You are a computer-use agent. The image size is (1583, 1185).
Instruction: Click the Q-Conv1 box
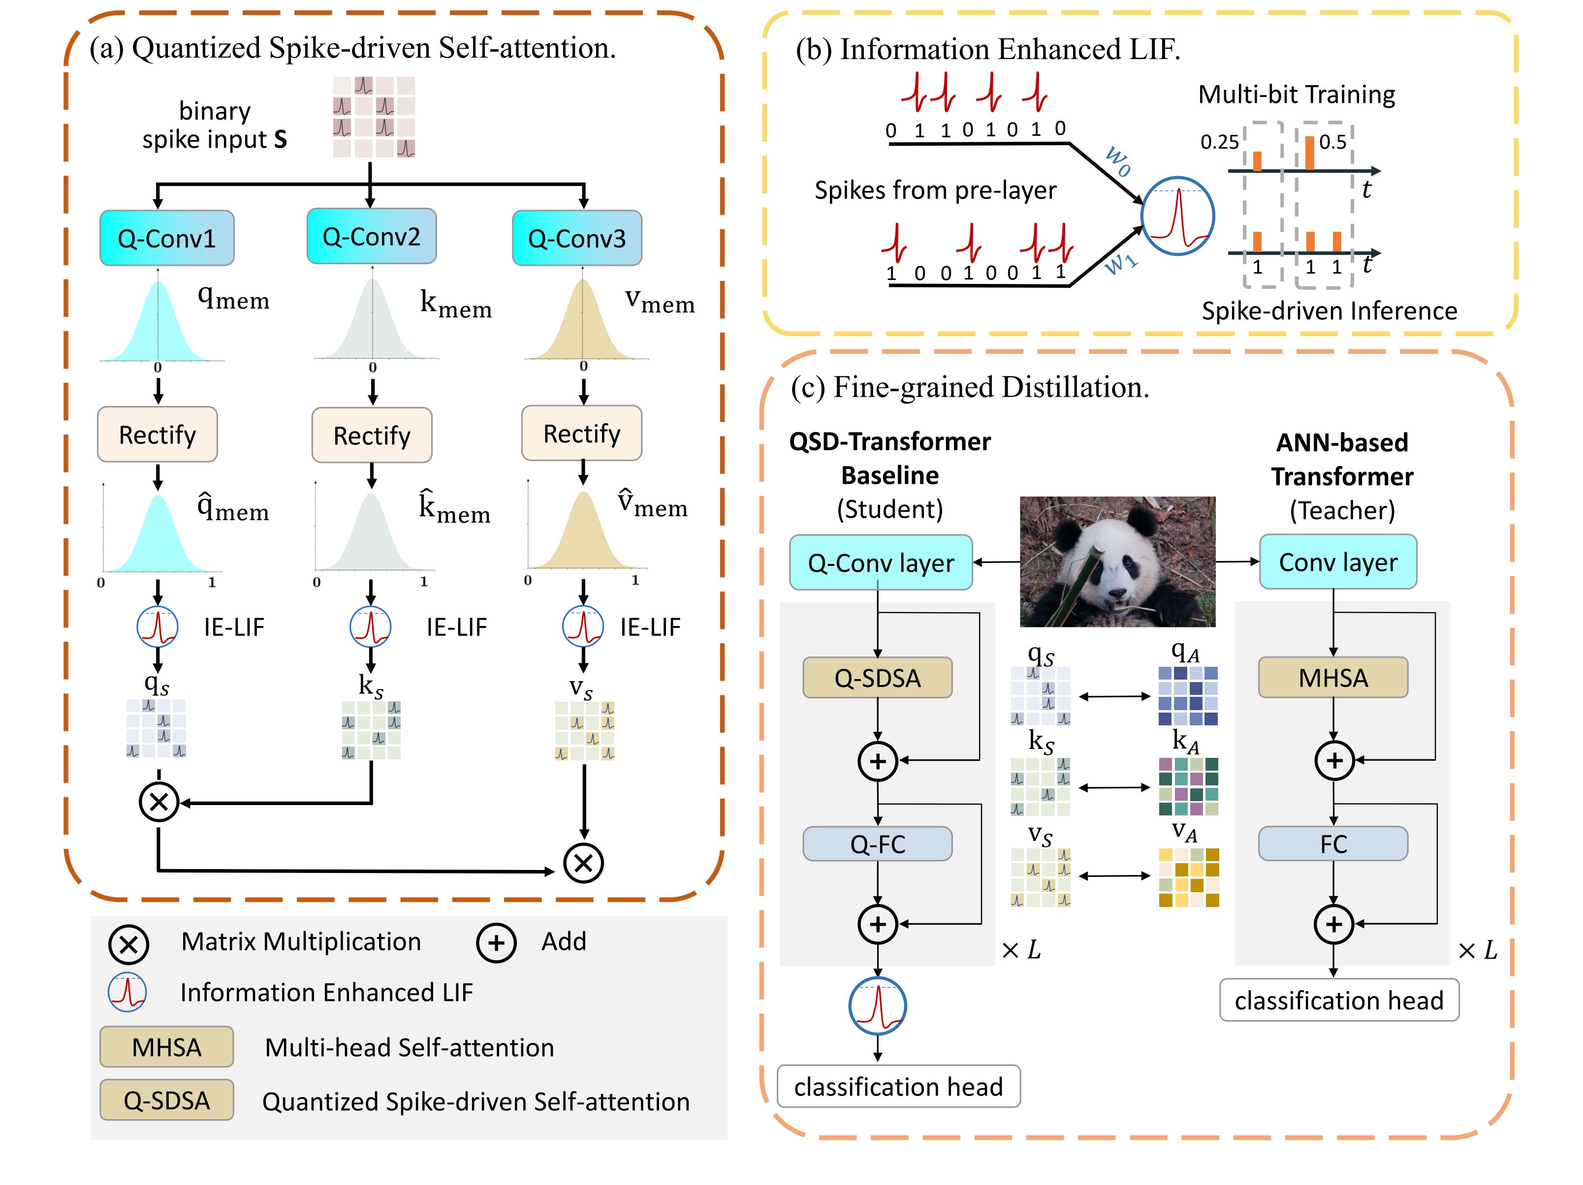pyautogui.click(x=167, y=238)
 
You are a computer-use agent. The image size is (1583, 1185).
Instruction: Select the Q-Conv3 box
pyautogui.click(x=577, y=238)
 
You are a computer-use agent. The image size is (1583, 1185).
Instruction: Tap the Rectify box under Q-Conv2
pyautogui.click(x=372, y=435)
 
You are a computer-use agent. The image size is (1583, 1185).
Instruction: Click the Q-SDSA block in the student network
pyautogui.click(x=877, y=678)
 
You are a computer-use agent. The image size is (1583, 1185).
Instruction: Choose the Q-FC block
pyautogui.click(x=877, y=844)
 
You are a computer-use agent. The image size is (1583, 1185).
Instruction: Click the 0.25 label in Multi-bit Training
pyautogui.click(x=1219, y=142)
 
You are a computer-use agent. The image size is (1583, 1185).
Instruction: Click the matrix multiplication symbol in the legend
pyautogui.click(x=129, y=944)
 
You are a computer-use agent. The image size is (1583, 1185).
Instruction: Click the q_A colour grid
pyautogui.click(x=1188, y=695)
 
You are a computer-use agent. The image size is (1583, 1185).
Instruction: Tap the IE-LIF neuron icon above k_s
pyautogui.click(x=370, y=626)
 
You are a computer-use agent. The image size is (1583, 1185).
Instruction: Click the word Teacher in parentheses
pyautogui.click(x=1342, y=510)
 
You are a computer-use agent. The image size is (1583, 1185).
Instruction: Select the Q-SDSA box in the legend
pyautogui.click(x=167, y=1100)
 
